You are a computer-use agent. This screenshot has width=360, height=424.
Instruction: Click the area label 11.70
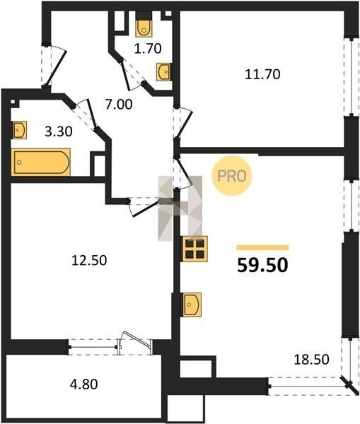click(262, 74)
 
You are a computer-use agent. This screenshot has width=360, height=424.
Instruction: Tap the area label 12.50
click(89, 260)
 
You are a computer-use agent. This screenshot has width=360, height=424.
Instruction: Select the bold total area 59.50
click(262, 265)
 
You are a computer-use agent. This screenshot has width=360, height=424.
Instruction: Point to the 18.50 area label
click(311, 360)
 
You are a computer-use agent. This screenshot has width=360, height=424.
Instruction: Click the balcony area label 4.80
click(84, 384)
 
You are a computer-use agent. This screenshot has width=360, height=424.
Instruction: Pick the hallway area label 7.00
click(119, 105)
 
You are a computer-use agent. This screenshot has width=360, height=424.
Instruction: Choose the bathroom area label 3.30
click(59, 131)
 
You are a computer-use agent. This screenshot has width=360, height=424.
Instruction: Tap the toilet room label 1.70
click(148, 49)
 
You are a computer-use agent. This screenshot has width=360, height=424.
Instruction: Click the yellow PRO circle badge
click(232, 176)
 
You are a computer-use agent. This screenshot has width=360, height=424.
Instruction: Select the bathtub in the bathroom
click(41, 162)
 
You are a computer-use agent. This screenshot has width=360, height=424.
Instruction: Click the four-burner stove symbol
click(195, 249)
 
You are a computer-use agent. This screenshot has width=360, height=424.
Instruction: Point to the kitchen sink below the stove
click(192, 305)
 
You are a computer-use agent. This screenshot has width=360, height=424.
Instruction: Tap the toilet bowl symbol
click(144, 28)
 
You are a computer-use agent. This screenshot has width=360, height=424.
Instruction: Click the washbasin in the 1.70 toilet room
click(164, 71)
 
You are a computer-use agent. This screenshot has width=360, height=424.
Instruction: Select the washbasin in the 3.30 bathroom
click(20, 130)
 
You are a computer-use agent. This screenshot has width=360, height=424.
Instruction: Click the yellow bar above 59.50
click(262, 247)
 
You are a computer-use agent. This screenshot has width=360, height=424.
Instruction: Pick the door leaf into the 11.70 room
click(184, 124)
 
